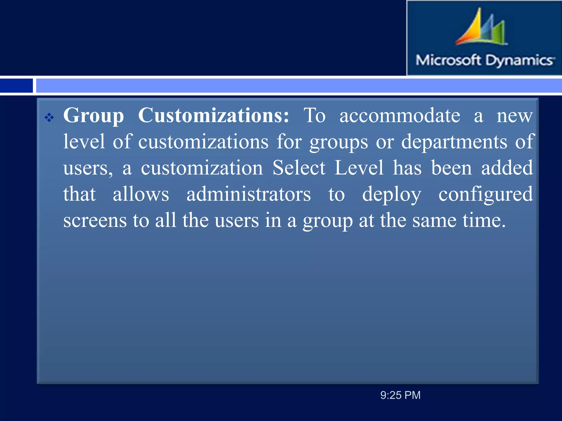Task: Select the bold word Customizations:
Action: click(213, 115)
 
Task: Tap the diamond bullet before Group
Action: click(49, 118)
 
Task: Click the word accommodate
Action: click(400, 115)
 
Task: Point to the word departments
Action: click(454, 142)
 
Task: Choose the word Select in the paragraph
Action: click(299, 168)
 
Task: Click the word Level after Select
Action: click(359, 168)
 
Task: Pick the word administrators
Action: click(249, 194)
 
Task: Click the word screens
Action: click(95, 221)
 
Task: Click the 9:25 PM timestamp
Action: click(400, 395)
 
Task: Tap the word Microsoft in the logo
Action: click(448, 60)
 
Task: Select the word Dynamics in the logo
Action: click(519, 60)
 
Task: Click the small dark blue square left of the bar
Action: click(16, 86)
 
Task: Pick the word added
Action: click(507, 168)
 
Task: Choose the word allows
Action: click(141, 194)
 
